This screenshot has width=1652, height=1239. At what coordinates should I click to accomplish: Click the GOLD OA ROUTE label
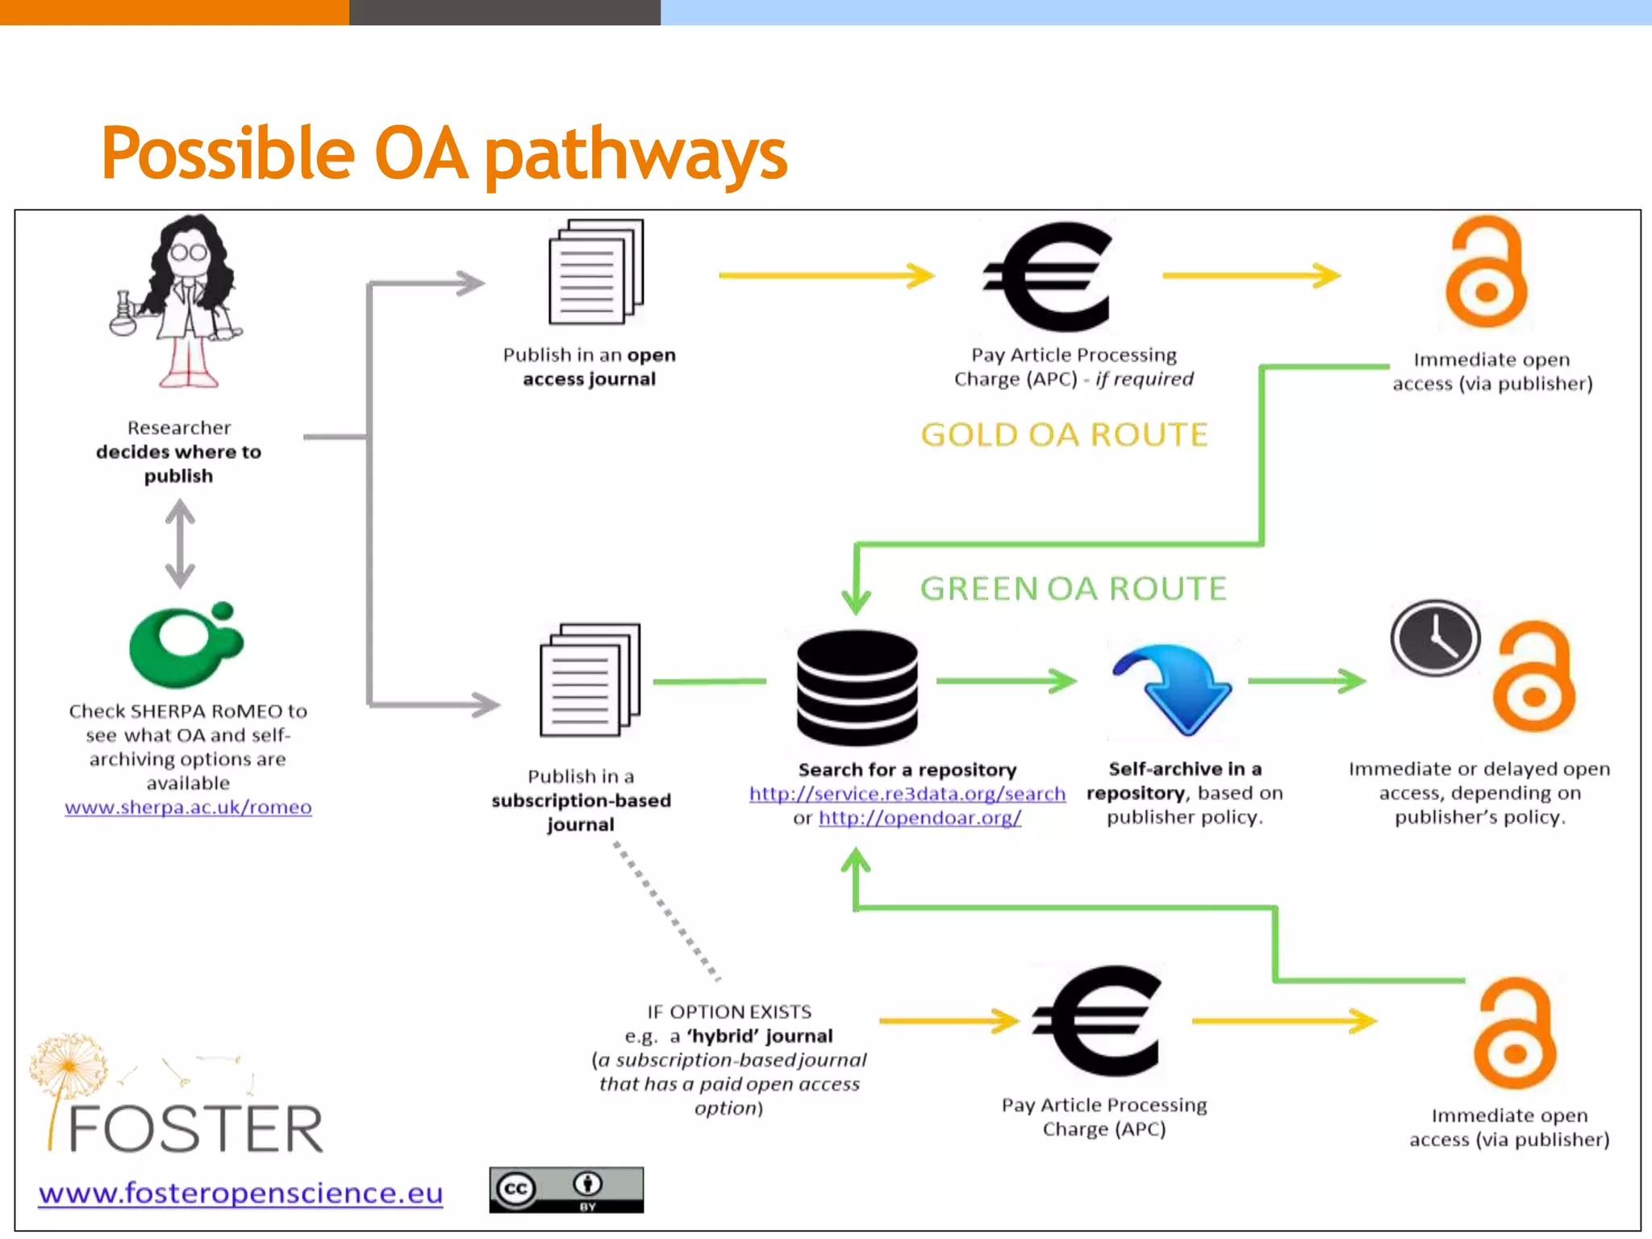click(1064, 435)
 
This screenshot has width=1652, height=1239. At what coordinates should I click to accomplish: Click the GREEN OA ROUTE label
click(1073, 589)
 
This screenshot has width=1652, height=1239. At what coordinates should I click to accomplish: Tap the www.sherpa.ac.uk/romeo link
click(188, 807)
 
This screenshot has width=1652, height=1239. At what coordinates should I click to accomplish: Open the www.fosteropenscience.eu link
click(240, 1192)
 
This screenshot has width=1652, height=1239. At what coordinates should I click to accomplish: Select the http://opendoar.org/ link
click(920, 818)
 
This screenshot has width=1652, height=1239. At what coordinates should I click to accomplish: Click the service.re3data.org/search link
click(907, 794)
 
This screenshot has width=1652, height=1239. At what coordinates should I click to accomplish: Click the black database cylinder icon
click(857, 687)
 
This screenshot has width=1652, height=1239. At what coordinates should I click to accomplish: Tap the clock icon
click(1435, 637)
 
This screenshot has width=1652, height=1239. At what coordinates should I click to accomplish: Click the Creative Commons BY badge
click(566, 1190)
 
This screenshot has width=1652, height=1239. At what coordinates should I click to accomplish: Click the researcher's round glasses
click(189, 252)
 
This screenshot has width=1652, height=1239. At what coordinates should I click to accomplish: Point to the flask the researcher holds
click(123, 316)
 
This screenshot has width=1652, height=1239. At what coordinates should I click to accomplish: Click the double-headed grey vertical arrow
click(180, 543)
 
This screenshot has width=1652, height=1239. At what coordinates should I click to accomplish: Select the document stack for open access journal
click(595, 271)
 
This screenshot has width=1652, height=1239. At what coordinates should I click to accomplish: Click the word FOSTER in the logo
click(196, 1129)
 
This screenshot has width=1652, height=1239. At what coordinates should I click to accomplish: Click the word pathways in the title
click(635, 155)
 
